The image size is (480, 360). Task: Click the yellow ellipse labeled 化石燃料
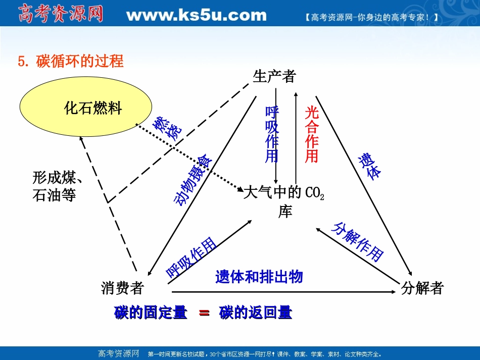[86, 108]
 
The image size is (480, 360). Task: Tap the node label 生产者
[274, 76]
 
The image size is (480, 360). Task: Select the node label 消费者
[123, 288]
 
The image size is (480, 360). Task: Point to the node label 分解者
[422, 288]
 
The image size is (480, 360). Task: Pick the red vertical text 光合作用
[312, 134]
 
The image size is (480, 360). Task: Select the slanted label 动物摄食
[194, 180]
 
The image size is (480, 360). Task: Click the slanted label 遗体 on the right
[370, 166]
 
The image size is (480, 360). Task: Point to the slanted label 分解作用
[357, 241]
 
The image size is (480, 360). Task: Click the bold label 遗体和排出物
[259, 277]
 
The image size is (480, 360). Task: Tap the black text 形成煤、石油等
[57, 186]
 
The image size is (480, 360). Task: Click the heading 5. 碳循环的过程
[71, 62]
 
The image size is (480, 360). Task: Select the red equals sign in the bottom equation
[204, 313]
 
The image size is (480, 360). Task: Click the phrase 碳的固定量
[151, 313]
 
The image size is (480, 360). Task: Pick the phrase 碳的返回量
[256, 313]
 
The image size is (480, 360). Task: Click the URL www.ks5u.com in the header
[196, 15]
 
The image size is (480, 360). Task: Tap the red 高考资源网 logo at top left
[61, 14]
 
